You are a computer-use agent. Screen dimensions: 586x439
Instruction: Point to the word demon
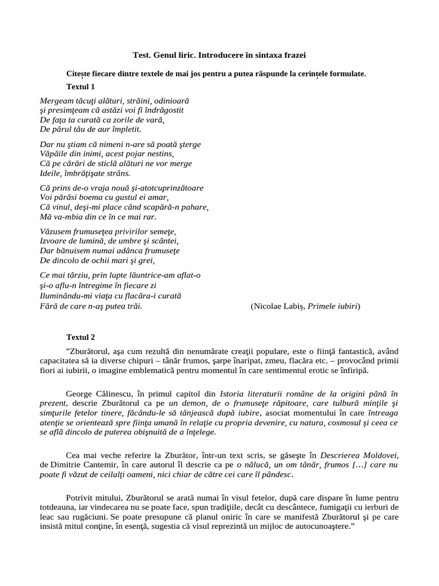(194, 403)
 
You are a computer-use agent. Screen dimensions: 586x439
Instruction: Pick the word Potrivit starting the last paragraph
(81, 498)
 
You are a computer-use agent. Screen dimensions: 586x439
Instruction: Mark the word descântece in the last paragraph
(297, 508)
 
